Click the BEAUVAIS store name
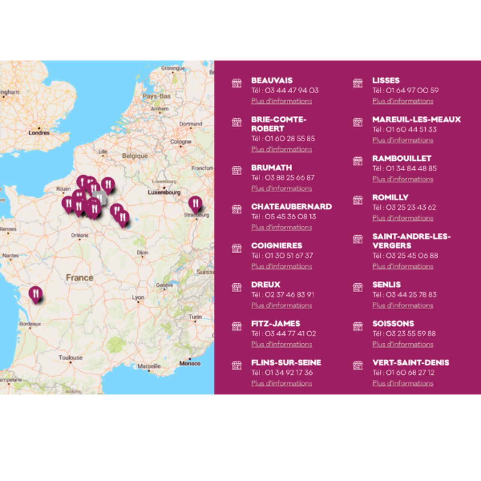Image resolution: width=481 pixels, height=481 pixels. [x=272, y=80]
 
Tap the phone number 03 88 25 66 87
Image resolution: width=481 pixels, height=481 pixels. [x=289, y=178]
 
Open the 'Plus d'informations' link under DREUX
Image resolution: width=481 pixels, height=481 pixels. [x=281, y=305]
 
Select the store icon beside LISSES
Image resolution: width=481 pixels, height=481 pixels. [x=358, y=83]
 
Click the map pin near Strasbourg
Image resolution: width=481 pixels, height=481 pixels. [x=195, y=204]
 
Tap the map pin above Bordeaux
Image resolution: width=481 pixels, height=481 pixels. [x=35, y=294]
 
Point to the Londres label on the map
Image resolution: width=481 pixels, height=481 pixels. [x=39, y=133]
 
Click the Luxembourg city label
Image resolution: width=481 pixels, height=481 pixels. [x=164, y=192]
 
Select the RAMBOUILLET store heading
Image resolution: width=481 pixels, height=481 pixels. [x=401, y=159]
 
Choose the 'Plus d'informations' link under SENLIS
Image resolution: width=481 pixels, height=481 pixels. [x=402, y=305]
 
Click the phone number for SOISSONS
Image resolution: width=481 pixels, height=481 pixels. [x=411, y=334]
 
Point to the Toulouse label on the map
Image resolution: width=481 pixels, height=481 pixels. [x=70, y=357]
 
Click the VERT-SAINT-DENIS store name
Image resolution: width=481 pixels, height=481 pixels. [x=410, y=363]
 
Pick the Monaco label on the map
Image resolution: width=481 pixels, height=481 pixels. [x=190, y=363]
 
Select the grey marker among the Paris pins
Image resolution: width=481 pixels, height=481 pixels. [x=100, y=197]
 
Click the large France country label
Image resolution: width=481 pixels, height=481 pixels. [x=79, y=278]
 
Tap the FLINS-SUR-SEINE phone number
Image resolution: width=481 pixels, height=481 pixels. [x=289, y=373]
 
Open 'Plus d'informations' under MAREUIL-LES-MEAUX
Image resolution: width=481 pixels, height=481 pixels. [x=402, y=140]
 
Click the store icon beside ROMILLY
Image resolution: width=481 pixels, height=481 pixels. [x=358, y=200]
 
